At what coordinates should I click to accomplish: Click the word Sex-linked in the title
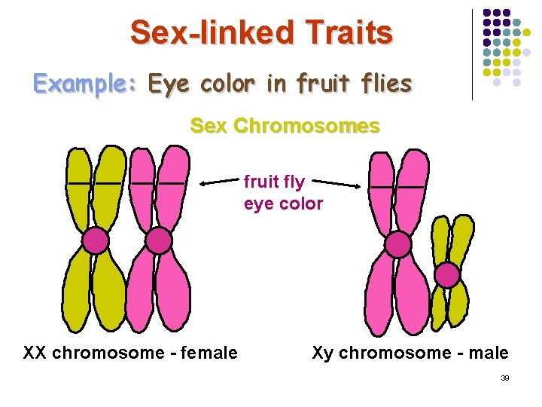tap(213, 33)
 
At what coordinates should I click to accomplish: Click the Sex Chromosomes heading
tap(285, 126)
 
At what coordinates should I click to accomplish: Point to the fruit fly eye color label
tap(283, 193)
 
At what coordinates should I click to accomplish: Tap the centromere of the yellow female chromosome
tap(95, 240)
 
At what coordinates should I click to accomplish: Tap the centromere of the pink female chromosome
tap(158, 240)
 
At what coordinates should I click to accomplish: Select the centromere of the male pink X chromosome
tap(398, 244)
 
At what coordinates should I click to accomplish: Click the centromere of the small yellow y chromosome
tap(447, 275)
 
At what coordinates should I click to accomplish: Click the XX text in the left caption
tap(33, 353)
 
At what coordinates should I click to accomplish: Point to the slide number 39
tap(505, 378)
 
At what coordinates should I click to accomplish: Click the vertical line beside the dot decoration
tap(472, 54)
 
